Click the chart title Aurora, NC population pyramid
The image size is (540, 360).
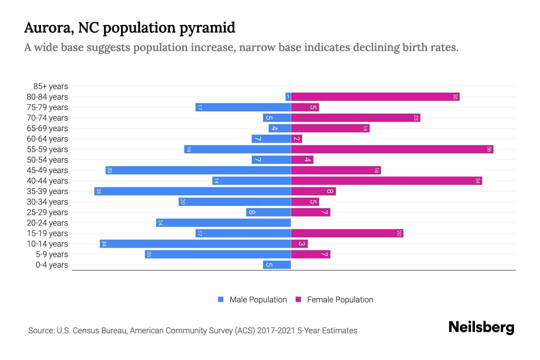[x=130, y=28]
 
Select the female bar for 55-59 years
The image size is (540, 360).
[x=392, y=149]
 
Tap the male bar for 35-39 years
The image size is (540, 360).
[x=192, y=191]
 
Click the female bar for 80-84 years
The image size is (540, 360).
[x=375, y=97]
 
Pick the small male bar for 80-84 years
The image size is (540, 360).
[x=288, y=97]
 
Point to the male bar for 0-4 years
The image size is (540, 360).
[x=277, y=265]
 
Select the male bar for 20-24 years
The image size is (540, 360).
[x=223, y=223]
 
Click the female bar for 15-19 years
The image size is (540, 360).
[x=347, y=233]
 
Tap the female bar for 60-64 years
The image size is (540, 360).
[x=296, y=139]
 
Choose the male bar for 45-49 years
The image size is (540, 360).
[x=198, y=170]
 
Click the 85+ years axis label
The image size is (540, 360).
[x=51, y=86]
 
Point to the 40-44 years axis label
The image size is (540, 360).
[x=47, y=181]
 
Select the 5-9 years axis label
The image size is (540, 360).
[x=52, y=254]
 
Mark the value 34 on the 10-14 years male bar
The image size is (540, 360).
[x=104, y=244]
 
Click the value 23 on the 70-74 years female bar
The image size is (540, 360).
[x=415, y=118]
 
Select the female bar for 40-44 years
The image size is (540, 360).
[x=386, y=181]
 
